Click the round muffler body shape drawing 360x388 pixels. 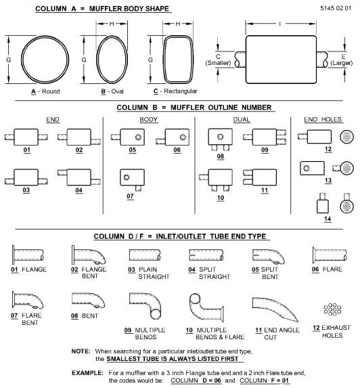click(x=22, y=60)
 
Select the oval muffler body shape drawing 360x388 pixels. click(x=97, y=60)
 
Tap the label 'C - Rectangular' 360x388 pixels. click(x=175, y=91)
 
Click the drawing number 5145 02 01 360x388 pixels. click(x=336, y=8)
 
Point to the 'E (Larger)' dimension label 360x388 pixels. click(x=342, y=60)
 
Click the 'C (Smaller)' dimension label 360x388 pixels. click(x=218, y=60)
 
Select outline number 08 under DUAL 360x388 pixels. click(x=221, y=156)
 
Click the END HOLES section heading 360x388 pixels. click(x=323, y=120)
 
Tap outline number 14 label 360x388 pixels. click(x=328, y=219)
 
